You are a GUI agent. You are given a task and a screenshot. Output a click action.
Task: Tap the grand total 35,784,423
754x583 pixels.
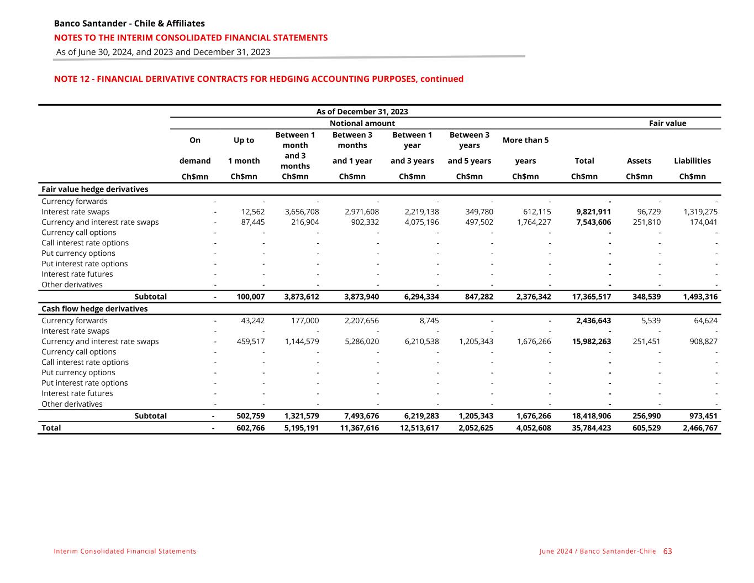(592, 428)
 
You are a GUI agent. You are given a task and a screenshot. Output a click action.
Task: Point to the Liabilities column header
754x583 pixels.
(692, 161)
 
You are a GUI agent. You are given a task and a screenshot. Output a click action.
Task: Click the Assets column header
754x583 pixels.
(639, 161)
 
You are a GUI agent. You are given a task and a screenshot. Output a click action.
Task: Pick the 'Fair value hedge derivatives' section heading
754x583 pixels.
(95, 189)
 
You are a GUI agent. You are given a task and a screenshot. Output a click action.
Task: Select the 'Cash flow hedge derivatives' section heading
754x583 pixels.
(94, 309)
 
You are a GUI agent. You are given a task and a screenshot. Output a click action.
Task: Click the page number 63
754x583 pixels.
(668, 551)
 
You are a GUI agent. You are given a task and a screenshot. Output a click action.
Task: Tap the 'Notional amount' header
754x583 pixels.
(362, 123)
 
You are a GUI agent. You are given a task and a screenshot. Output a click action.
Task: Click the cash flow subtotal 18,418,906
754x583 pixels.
(592, 416)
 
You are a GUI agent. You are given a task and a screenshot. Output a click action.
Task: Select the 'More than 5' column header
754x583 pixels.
(525, 140)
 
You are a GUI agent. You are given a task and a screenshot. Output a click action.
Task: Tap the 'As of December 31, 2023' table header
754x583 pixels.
(362, 112)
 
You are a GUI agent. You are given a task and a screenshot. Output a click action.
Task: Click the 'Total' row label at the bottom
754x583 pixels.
(51, 428)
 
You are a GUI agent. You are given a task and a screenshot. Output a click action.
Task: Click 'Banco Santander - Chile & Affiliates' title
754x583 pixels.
(129, 23)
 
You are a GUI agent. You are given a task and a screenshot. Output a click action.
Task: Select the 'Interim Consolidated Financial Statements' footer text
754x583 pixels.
(125, 552)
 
